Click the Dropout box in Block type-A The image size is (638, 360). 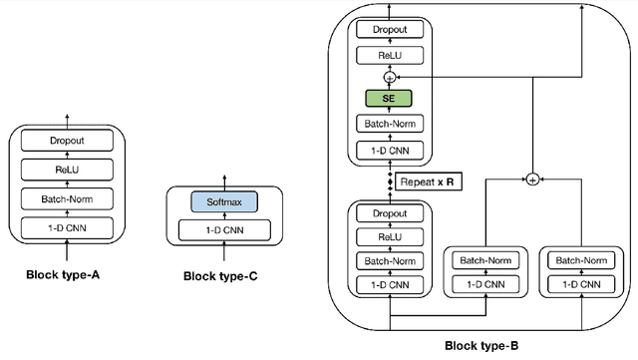(69, 142)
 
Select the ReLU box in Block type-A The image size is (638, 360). (69, 171)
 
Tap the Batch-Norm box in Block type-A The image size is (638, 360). (69, 199)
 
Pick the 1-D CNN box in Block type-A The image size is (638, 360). (69, 227)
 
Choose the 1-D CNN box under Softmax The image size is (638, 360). (224, 230)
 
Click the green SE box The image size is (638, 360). (391, 100)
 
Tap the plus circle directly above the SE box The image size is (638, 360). (391, 76)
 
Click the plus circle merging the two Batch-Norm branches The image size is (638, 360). (532, 180)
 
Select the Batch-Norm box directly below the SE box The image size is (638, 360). (391, 126)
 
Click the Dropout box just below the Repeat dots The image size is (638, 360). (391, 213)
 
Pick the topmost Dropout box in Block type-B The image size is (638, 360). (391, 30)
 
